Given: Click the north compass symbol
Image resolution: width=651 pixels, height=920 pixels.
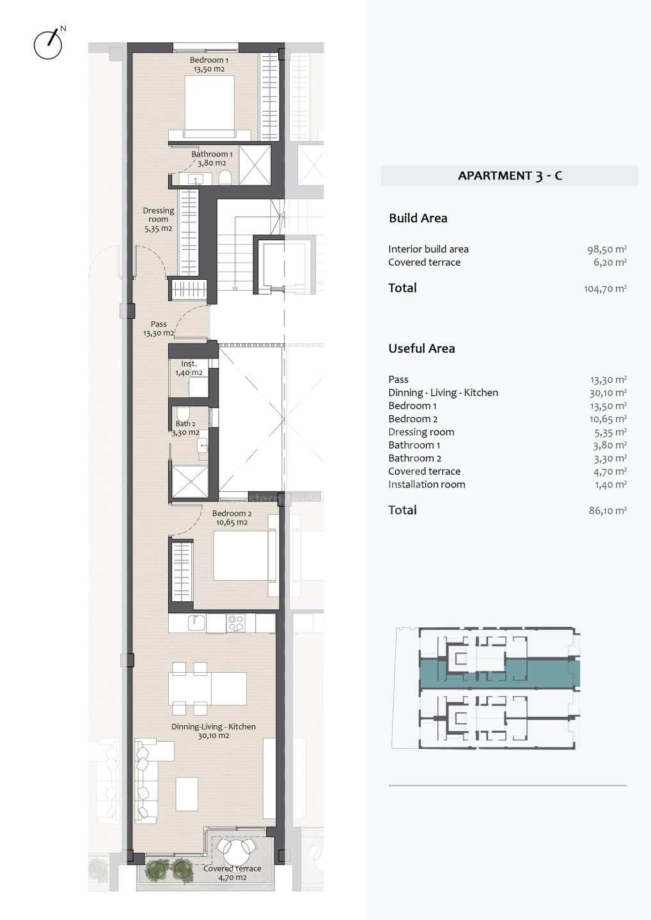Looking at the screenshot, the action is pos(48,44).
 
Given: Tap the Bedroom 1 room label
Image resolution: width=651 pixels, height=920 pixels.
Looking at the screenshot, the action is pos(208,65).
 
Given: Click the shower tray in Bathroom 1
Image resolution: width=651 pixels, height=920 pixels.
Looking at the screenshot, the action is pos(255,165).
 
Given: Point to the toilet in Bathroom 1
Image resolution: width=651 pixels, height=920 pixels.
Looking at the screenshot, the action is pos(225,178).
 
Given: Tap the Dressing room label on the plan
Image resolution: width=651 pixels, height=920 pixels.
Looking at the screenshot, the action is pos(158,219).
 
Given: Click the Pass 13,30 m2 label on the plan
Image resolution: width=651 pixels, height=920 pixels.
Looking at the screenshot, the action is pos(159,328).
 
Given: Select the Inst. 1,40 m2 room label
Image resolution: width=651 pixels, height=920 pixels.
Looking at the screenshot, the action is pos(189,368).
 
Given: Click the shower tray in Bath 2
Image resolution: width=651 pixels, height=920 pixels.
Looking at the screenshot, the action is pos(190,482).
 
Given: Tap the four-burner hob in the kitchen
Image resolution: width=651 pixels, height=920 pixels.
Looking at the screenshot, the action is pos(237,623).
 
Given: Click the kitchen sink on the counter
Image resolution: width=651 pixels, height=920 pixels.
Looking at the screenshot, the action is pos(197,623).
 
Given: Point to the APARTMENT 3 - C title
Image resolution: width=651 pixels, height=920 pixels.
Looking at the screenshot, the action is pos(510,176).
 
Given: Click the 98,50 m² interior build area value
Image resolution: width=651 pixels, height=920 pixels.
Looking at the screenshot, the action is pos(607,249).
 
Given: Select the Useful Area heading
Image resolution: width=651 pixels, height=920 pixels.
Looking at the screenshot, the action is pos(421,348).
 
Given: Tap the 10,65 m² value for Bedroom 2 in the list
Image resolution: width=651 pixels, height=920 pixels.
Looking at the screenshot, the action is pos(608,419).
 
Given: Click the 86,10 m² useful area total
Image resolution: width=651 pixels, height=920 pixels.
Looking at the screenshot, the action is pos(608,510).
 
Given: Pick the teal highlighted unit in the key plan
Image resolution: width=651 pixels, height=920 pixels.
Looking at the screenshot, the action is pos(499,675).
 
